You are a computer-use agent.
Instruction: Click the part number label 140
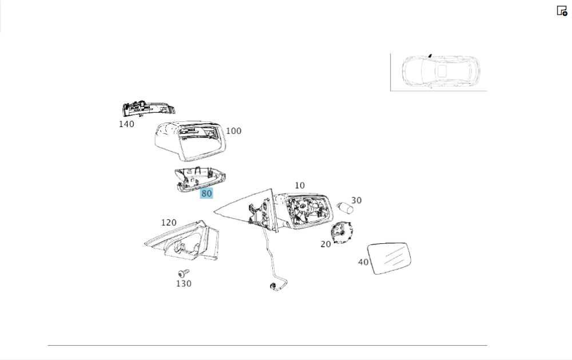pyautogui.click(x=126, y=124)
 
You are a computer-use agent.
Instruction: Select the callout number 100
pyautogui.click(x=233, y=130)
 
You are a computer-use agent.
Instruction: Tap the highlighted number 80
pyautogui.click(x=206, y=193)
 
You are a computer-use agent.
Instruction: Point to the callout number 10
pyautogui.click(x=300, y=185)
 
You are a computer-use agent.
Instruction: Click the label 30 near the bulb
pyautogui.click(x=356, y=200)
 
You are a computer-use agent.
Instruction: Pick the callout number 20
pyautogui.click(x=325, y=244)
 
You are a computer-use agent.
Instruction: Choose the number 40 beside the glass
pyautogui.click(x=363, y=262)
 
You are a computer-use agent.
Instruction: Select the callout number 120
pyautogui.click(x=169, y=223)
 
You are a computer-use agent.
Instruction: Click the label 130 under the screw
pyautogui.click(x=184, y=283)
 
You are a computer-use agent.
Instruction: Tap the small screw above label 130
pyautogui.click(x=184, y=273)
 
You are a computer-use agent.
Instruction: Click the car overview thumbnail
pyautogui.click(x=439, y=72)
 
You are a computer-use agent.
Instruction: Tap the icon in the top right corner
pyautogui.click(x=562, y=10)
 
